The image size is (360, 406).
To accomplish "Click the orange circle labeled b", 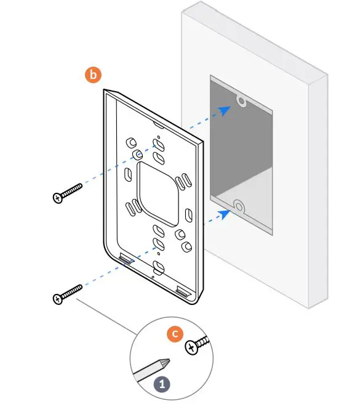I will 93,75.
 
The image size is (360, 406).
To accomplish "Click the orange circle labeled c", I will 176,334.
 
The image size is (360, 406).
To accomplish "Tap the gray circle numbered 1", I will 162,383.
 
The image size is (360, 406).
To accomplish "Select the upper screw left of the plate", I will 68,192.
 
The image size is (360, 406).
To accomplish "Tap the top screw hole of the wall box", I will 242,100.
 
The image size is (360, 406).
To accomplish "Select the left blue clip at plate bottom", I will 126,258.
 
